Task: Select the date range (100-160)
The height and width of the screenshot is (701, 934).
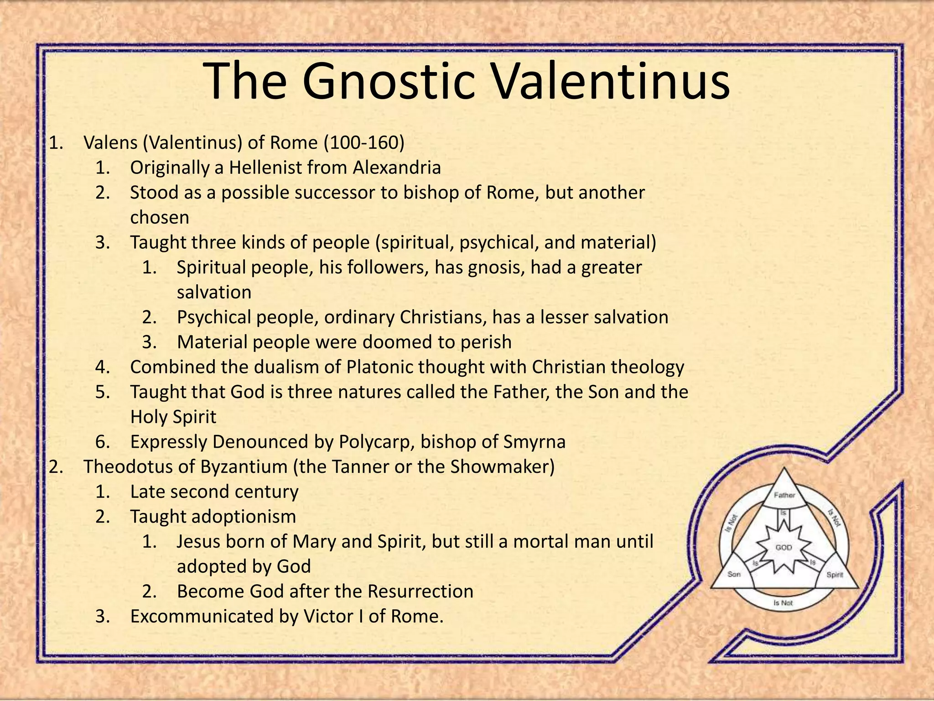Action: (364, 143)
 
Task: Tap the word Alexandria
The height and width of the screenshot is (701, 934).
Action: (397, 168)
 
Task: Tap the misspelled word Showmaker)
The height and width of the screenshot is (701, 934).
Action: (503, 467)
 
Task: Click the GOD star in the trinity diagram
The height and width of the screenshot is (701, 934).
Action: (784, 547)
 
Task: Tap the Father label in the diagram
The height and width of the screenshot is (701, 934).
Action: (784, 495)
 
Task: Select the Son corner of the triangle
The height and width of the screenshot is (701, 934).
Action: (734, 574)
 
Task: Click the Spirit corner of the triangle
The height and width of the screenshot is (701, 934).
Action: (835, 575)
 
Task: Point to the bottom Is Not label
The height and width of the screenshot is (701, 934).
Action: (783, 603)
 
